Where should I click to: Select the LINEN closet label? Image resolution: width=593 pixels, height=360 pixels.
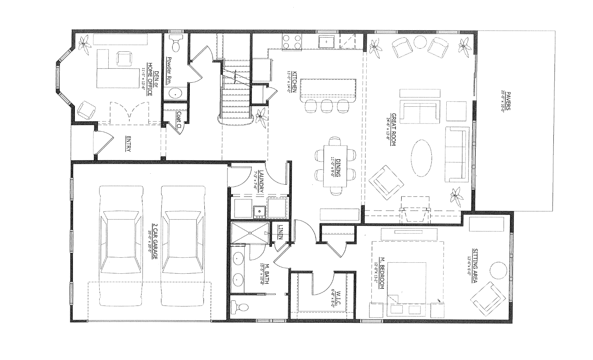coord(280,232)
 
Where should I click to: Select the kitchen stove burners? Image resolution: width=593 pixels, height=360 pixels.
coord(292,42)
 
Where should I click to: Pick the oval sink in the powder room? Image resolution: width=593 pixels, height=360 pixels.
coord(175,93)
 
